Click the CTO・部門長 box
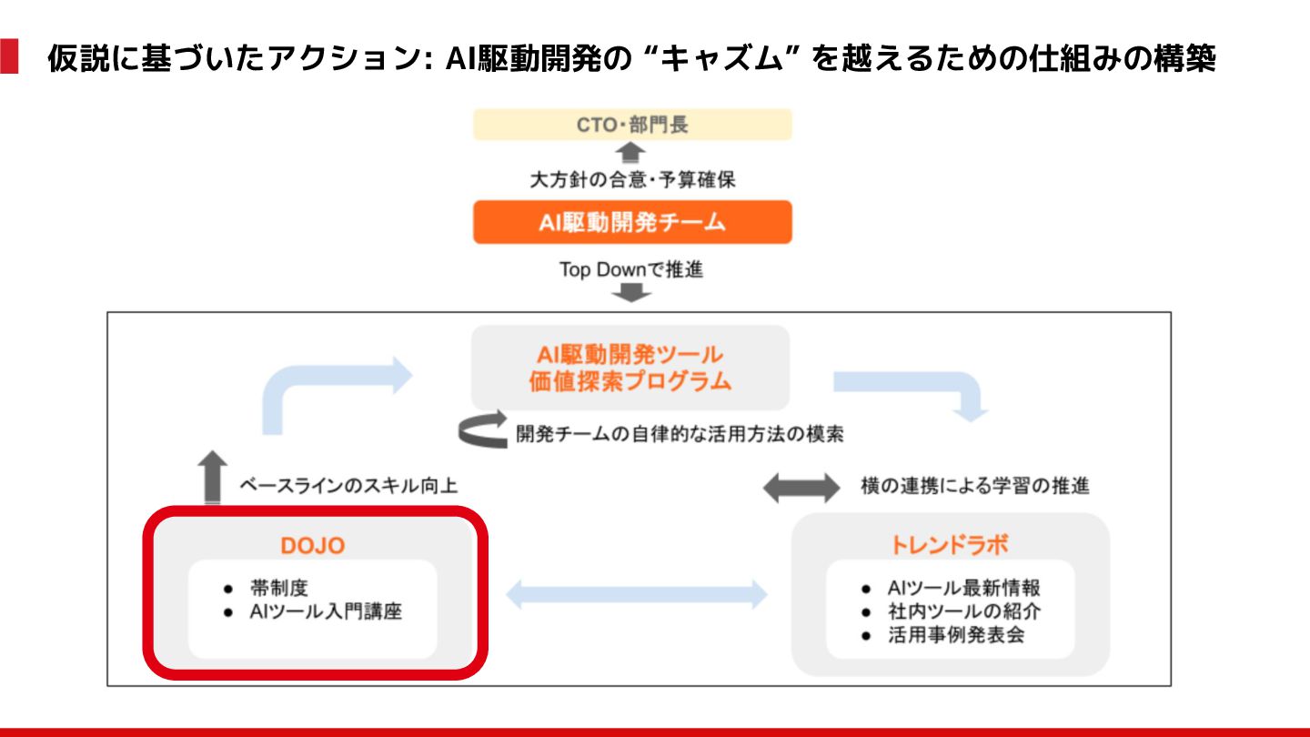coord(632,125)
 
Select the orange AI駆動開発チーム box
coord(632,222)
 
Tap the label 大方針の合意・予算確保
coord(632,180)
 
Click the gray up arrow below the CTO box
coord(631,153)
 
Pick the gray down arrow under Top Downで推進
coord(631,293)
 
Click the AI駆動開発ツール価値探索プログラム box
coord(630,368)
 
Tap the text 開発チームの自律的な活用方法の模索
coord(680,434)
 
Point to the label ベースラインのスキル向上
coord(348,486)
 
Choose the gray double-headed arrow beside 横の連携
coord(801,488)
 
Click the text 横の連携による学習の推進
coord(974,486)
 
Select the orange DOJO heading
coord(312,545)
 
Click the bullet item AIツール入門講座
coord(325,611)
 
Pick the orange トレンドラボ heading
coord(950,545)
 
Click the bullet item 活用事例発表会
coord(955,635)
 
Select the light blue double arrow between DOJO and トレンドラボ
coord(636,595)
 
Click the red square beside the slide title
coord(9,56)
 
